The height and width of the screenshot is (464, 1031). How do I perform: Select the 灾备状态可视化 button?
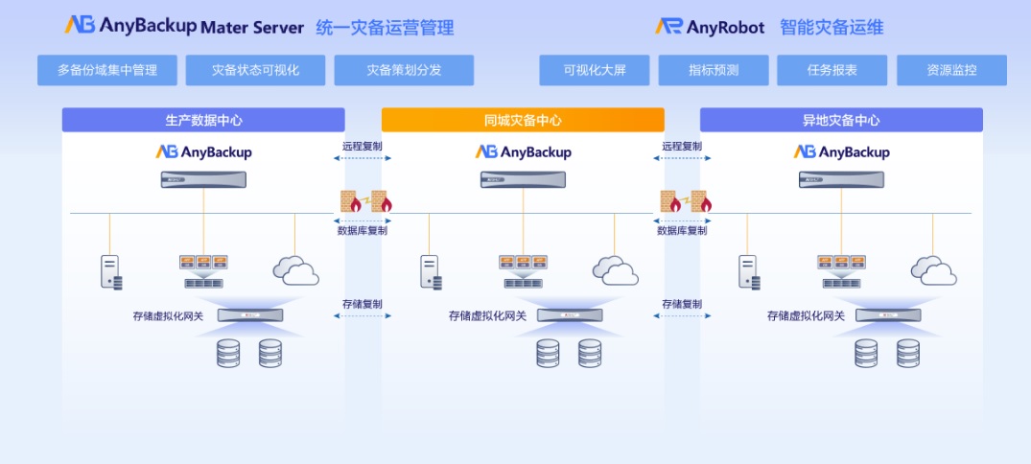[255, 70]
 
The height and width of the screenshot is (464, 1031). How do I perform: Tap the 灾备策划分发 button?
[404, 70]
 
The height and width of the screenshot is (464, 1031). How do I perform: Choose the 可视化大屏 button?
[594, 70]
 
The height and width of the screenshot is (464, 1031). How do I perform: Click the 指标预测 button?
[715, 70]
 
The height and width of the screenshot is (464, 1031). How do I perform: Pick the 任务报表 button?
[832, 70]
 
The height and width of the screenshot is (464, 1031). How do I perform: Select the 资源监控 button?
[951, 70]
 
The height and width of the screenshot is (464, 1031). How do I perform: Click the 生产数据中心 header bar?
[203, 120]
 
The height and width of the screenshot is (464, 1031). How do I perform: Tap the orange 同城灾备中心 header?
[523, 120]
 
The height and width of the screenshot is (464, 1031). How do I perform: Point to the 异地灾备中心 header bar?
[841, 120]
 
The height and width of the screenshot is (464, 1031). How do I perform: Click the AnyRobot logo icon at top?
[668, 27]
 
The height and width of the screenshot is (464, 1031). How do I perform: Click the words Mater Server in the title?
[252, 28]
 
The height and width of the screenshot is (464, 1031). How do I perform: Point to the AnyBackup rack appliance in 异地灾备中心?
[841, 179]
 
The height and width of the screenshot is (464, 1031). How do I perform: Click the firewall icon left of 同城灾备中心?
[363, 201]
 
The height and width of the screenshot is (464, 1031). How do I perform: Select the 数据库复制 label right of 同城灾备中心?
[682, 230]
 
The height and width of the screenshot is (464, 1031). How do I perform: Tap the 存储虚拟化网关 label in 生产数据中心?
[168, 315]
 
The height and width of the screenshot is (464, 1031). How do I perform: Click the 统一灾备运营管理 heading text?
[385, 28]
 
